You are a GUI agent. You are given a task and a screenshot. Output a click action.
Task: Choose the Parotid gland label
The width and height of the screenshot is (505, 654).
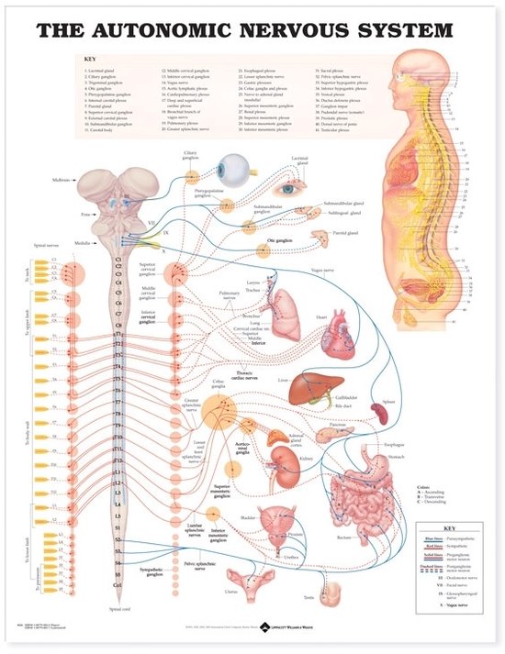click(x=344, y=233)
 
